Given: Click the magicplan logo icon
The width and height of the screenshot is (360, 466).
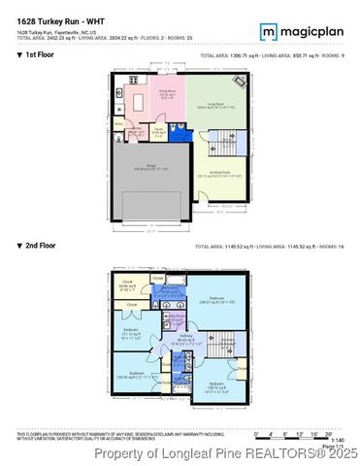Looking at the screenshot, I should (x=267, y=32).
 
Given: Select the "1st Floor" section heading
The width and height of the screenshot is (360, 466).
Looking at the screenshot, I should (x=35, y=56).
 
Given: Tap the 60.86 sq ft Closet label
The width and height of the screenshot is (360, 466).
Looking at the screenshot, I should (x=127, y=286).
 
